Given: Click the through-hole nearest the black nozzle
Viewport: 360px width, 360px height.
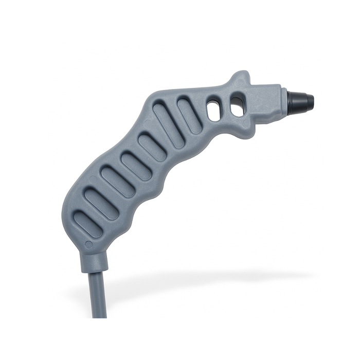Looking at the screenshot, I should point(236,106).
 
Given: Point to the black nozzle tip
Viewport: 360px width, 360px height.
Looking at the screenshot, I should point(301,102).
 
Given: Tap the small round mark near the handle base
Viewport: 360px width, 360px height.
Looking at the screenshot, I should point(88,245).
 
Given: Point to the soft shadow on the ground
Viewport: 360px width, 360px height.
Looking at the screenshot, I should point(206,280).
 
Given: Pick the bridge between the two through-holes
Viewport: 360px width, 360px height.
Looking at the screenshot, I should point(225,108).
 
